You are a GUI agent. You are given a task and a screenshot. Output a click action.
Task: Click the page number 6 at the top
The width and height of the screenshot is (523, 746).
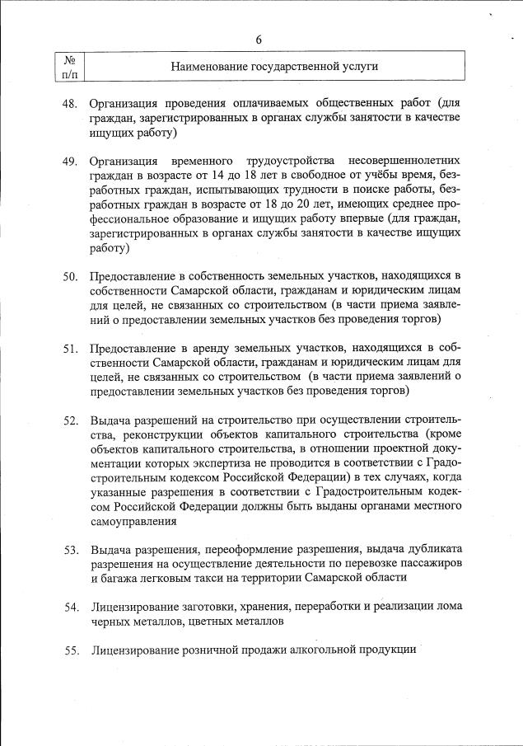[x=259, y=40]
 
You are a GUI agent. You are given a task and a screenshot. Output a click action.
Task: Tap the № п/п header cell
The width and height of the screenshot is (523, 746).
[x=70, y=67]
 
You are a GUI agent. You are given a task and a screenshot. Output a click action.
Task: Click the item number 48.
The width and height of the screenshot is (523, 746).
[x=70, y=104]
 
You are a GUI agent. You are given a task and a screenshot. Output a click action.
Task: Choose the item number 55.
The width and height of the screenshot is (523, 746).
[x=70, y=650]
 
